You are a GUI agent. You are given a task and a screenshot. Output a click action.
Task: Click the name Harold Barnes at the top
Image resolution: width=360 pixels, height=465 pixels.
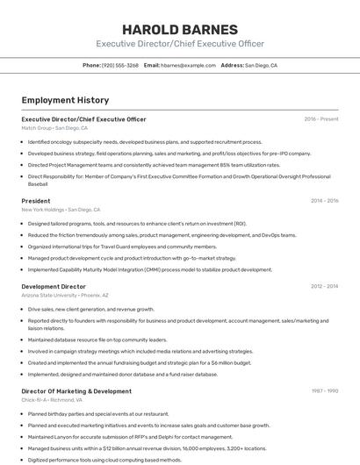(179, 28)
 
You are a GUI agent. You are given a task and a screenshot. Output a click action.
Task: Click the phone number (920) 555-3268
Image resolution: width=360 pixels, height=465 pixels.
(120, 65)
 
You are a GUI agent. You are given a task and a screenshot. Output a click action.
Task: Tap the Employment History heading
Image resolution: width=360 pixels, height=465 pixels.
(65, 100)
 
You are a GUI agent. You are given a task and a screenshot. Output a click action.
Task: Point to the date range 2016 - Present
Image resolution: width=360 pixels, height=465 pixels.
(321, 118)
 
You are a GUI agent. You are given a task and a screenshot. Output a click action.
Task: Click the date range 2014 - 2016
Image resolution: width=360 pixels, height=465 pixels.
(324, 201)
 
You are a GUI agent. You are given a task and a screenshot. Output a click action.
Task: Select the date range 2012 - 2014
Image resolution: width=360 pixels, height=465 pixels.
(324, 286)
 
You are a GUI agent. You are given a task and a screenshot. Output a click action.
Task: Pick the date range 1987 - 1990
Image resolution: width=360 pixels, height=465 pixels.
(324, 390)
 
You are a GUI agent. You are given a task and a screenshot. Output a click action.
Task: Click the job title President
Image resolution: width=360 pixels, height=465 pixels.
(36, 201)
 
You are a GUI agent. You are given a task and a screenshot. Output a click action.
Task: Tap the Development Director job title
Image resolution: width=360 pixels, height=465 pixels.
(54, 286)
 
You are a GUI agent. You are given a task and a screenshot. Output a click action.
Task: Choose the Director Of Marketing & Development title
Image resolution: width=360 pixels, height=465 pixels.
(76, 390)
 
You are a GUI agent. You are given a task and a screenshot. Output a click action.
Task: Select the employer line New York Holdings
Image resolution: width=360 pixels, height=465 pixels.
(61, 210)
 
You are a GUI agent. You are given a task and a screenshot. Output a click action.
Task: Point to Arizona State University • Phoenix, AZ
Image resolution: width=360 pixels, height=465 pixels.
(65, 295)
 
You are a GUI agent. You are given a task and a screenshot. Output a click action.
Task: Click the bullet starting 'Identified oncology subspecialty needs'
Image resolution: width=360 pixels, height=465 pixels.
(145, 141)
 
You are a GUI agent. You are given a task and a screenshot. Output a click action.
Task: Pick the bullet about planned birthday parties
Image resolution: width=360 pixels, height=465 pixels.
(98, 413)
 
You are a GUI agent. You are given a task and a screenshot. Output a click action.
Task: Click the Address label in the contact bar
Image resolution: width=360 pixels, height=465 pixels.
(232, 65)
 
